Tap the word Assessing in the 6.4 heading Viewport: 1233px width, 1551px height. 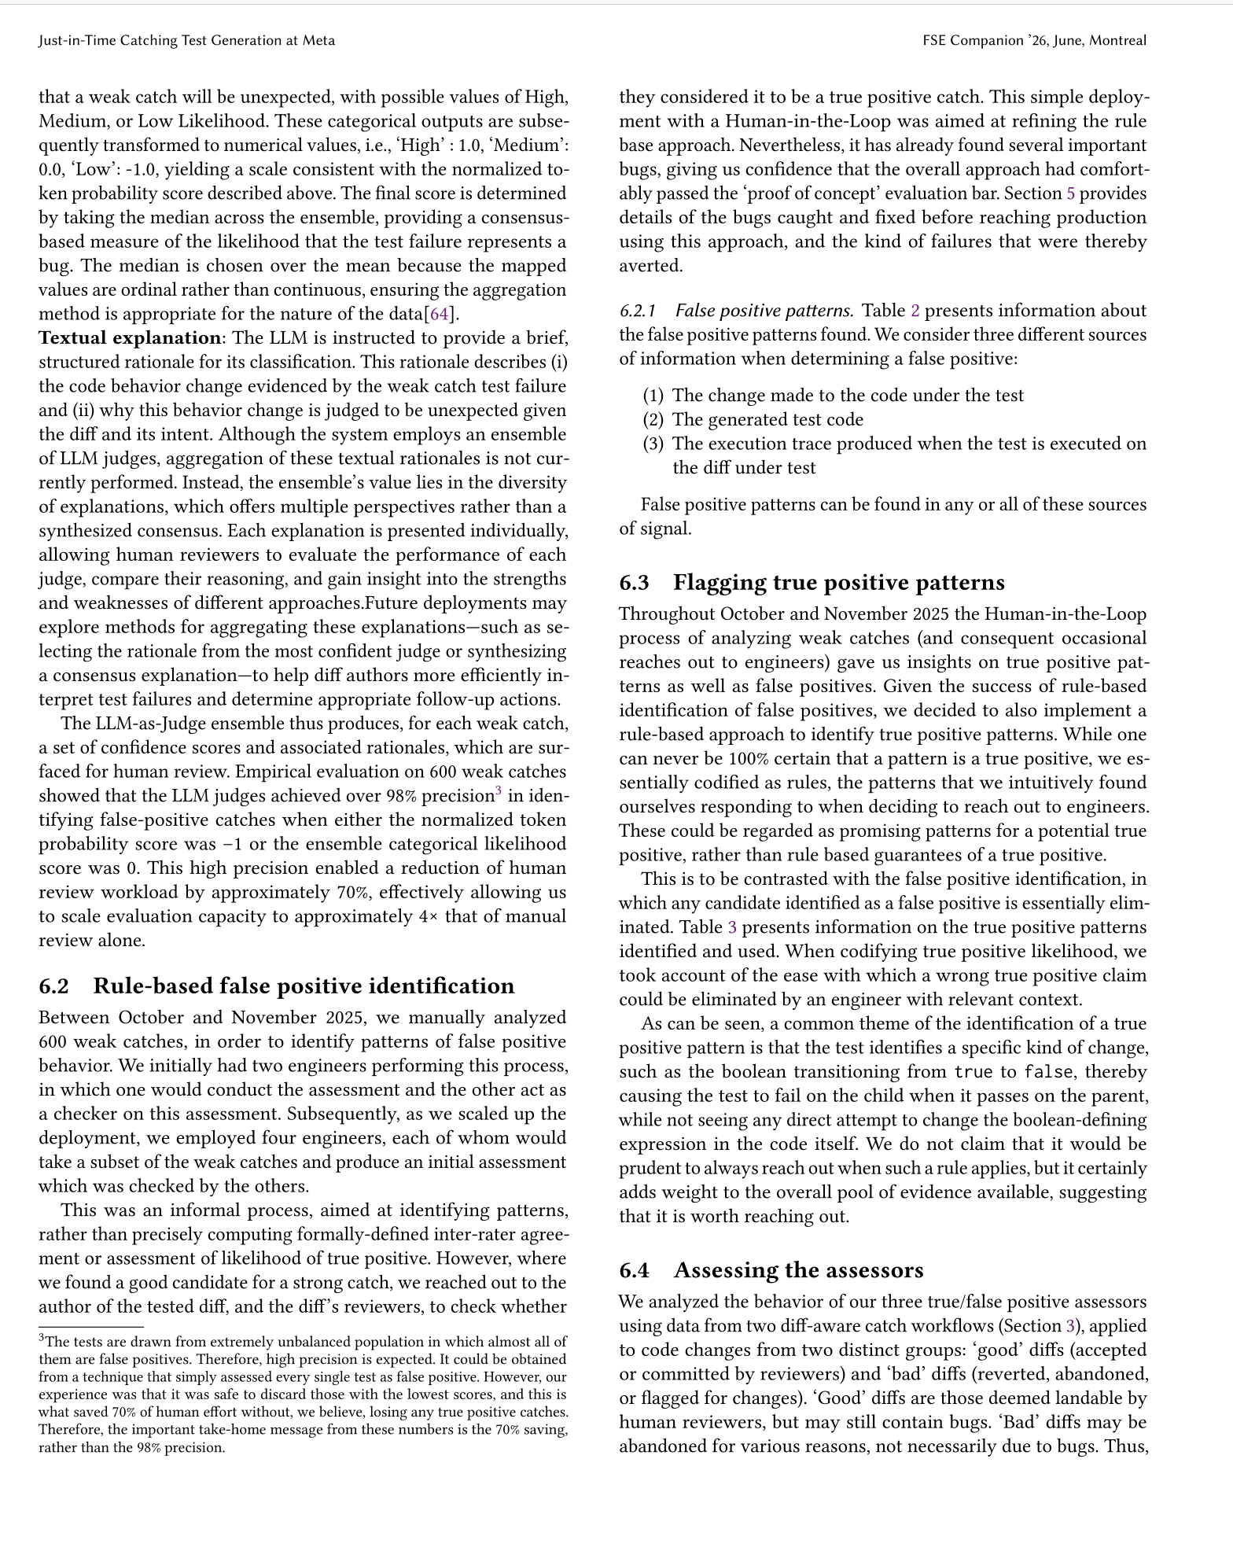tap(725, 1270)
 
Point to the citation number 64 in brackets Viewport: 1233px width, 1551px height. tap(439, 314)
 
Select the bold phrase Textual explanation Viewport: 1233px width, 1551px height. tap(130, 338)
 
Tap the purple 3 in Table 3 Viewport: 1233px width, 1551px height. tap(732, 927)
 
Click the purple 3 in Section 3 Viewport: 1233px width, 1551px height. tap(1069, 1325)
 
